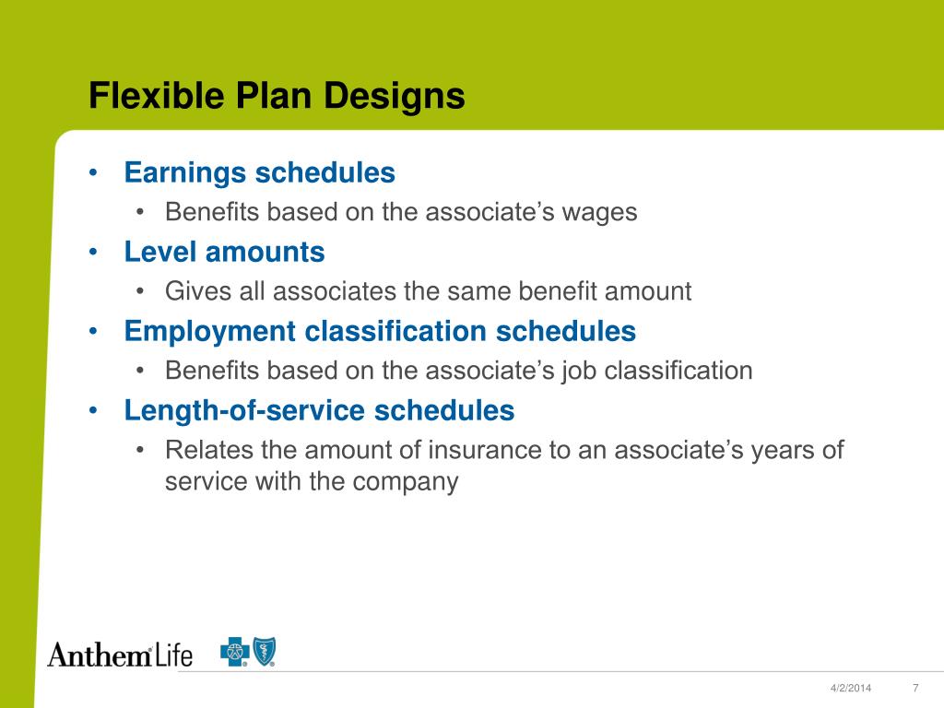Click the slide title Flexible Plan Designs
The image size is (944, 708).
click(x=277, y=97)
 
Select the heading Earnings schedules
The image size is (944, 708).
click(x=259, y=172)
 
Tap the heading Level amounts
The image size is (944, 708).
click(x=224, y=252)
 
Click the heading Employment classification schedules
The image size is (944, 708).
click(x=380, y=331)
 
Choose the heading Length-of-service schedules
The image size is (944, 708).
click(x=319, y=410)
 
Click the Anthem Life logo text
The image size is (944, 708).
click(x=120, y=655)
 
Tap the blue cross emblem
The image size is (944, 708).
click(x=234, y=653)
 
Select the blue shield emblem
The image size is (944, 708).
click(x=265, y=652)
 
